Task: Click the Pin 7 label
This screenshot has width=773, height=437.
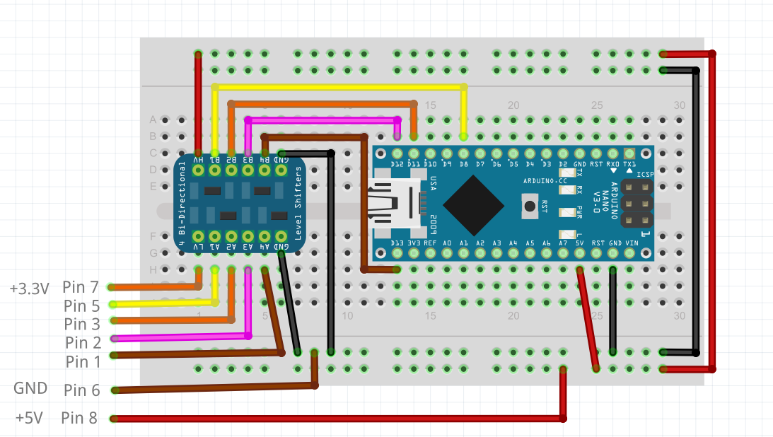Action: tap(81, 287)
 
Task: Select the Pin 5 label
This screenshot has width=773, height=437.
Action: tap(81, 306)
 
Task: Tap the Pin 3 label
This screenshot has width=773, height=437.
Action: tap(82, 325)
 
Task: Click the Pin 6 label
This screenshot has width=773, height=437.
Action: tap(82, 390)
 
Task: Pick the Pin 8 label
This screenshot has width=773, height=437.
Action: tap(79, 418)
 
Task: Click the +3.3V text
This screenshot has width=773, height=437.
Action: tap(30, 289)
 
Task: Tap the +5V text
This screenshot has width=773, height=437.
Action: tap(29, 418)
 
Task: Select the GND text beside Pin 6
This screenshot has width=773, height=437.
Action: tap(30, 388)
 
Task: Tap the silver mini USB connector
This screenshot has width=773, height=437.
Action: tap(395, 204)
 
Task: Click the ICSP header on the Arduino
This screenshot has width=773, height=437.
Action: tap(635, 204)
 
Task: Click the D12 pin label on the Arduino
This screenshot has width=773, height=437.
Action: tap(397, 165)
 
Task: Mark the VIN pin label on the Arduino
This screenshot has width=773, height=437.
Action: tap(630, 243)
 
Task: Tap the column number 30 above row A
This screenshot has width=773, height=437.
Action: tap(679, 105)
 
